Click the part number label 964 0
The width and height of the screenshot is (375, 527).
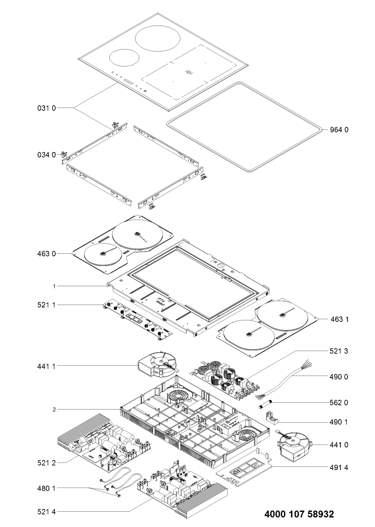pos(340,130)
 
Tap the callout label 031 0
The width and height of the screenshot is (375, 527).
pos(46,108)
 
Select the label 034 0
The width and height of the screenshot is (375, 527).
pos(46,155)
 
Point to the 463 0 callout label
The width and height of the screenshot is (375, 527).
pos(46,253)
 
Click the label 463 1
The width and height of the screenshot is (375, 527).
pos(340,320)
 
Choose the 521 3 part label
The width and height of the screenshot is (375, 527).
pos(340,351)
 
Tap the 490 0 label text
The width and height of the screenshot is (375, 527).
pos(340,377)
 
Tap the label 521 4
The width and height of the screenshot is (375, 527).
pos(46,511)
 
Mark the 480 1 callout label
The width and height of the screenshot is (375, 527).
pos(46,488)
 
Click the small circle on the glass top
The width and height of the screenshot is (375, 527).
pos(125,58)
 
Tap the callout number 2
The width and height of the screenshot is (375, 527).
pos(54,409)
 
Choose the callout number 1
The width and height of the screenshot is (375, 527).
pos(54,286)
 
